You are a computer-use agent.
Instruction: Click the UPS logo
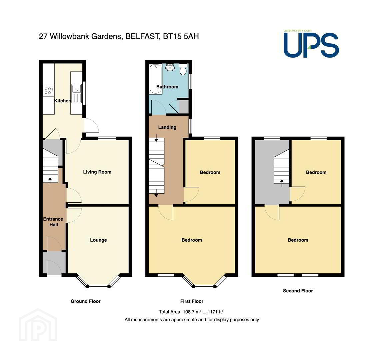click(x=311, y=44)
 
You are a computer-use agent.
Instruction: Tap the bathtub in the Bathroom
click(x=156, y=79)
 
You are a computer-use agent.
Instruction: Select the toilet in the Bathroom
click(x=183, y=69)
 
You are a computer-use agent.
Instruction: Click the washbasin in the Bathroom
click(x=170, y=67)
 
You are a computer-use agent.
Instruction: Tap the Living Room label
click(x=97, y=172)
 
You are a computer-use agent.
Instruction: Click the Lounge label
click(x=98, y=240)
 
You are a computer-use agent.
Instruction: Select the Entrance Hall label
click(x=53, y=222)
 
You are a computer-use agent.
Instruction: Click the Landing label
click(x=167, y=127)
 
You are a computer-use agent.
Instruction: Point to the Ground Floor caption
click(x=86, y=301)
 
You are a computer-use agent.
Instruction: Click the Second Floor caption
click(x=298, y=291)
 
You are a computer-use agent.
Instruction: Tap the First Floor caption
click(x=192, y=301)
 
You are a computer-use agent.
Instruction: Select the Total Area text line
click(x=191, y=312)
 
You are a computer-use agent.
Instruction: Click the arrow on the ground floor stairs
click(x=50, y=181)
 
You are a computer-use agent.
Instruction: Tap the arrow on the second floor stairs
click(x=282, y=183)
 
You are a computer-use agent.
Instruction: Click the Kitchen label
click(x=62, y=101)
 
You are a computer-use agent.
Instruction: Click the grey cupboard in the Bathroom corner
click(x=183, y=107)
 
